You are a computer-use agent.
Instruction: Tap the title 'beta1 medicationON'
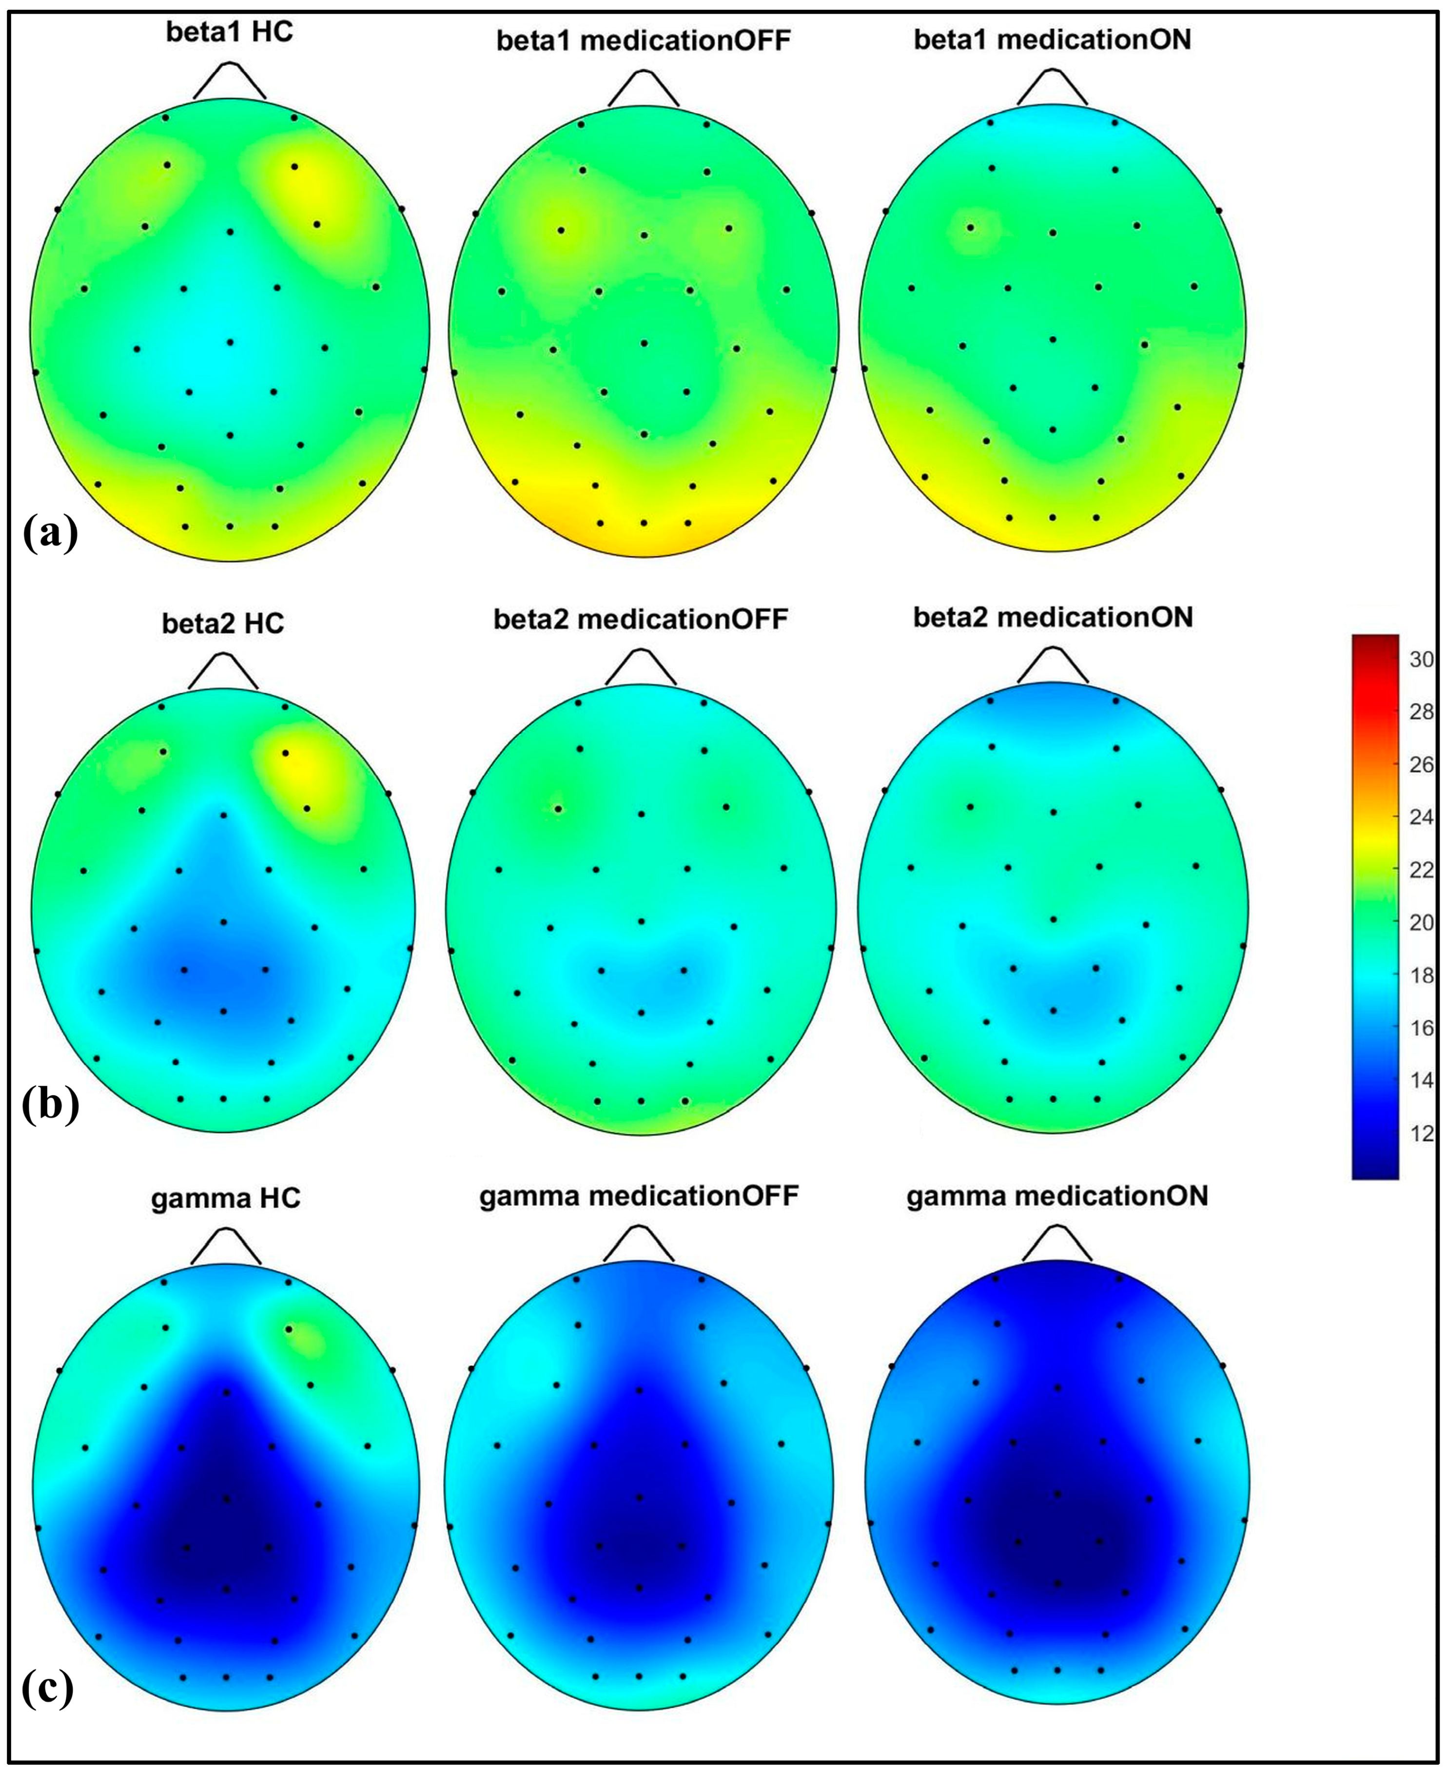[x=1052, y=39]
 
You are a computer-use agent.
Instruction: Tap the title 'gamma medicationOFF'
[x=639, y=1195]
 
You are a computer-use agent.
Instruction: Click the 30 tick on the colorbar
[x=1420, y=660]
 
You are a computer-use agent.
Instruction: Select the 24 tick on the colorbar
[x=1420, y=818]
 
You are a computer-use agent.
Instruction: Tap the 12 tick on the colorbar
[x=1420, y=1133]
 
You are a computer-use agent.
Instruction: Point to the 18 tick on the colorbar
[x=1420, y=975]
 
